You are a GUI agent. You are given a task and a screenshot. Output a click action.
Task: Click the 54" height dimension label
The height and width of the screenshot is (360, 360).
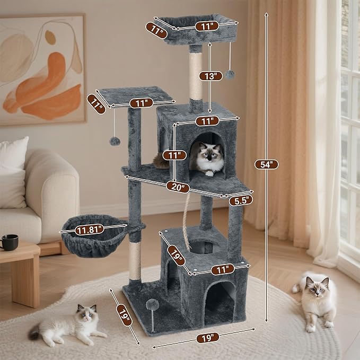(266, 164)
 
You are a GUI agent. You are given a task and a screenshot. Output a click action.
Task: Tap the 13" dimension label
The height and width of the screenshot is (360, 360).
(210, 76)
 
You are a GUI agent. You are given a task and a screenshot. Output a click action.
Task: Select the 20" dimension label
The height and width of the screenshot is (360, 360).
(178, 186)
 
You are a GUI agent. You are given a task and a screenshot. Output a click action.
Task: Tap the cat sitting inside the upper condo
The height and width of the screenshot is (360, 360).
(208, 158)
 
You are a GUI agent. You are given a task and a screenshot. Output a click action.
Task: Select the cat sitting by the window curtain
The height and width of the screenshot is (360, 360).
(317, 298)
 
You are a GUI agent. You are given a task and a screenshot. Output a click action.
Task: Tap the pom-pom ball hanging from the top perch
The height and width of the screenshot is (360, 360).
(230, 74)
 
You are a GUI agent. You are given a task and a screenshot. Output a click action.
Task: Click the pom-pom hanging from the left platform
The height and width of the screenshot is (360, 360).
(114, 141)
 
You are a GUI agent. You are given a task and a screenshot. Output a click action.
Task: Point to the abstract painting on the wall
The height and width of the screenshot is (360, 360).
(42, 69)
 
